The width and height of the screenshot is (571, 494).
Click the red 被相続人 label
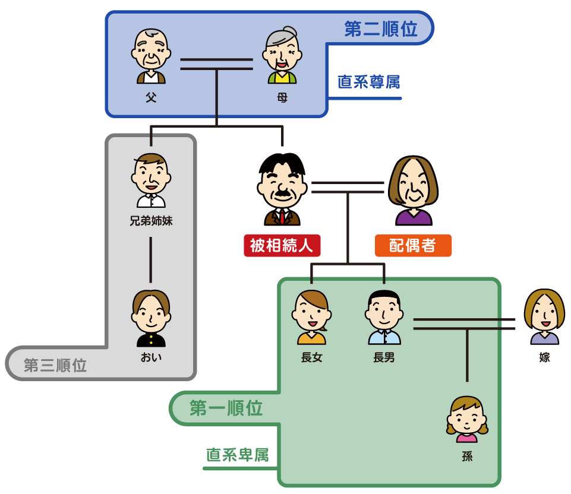pyautogui.click(x=282, y=246)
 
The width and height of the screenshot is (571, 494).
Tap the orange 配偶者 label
pyautogui.click(x=413, y=246)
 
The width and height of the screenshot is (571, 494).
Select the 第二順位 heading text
pyautogui.click(x=380, y=28)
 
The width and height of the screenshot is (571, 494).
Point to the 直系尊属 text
pyautogui.click(x=368, y=82)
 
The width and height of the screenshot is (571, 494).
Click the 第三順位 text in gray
pyautogui.click(x=55, y=365)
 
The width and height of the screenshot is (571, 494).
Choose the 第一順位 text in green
pyautogui.click(x=226, y=408)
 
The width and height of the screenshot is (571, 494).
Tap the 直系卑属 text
pyautogui.click(x=238, y=455)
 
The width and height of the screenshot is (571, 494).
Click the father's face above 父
pyautogui.click(x=151, y=50)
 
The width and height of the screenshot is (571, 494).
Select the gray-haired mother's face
pyautogui.click(x=282, y=51)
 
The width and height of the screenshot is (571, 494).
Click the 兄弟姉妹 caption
pyautogui.click(x=151, y=221)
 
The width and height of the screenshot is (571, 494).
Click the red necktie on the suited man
pyautogui.click(x=282, y=216)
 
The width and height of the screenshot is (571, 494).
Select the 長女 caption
pyautogui.click(x=312, y=357)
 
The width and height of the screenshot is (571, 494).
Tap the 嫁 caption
pyautogui.click(x=544, y=357)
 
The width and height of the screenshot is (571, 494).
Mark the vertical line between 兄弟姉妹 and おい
pyautogui.click(x=151, y=259)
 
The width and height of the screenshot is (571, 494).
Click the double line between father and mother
pyautogui.click(x=217, y=64)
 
